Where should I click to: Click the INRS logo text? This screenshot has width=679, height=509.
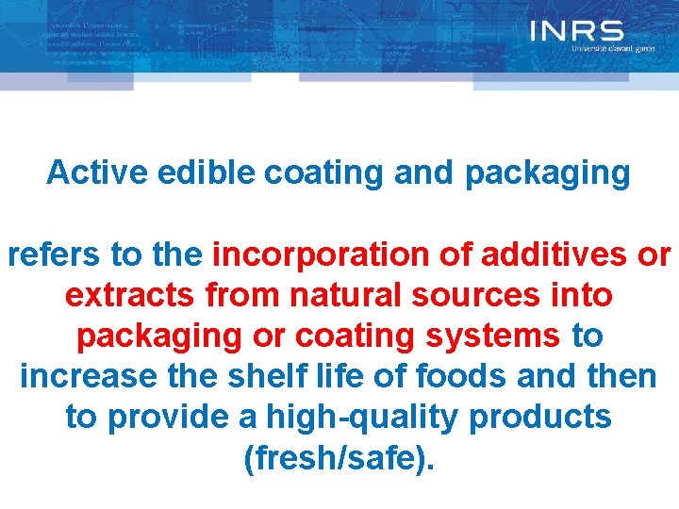pyautogui.click(x=576, y=31)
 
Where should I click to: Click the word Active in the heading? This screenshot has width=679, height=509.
pyautogui.click(x=84, y=172)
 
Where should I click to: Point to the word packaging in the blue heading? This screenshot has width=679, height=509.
pyautogui.click(x=547, y=173)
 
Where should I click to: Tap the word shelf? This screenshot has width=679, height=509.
pyautogui.click(x=266, y=376)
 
